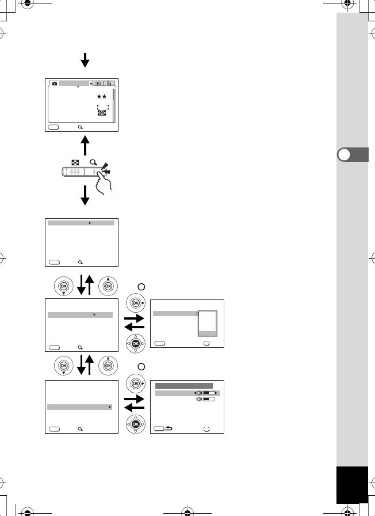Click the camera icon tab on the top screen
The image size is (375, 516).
[x=55, y=84]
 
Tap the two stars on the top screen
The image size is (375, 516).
[x=102, y=97]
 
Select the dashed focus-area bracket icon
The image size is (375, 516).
[x=102, y=107]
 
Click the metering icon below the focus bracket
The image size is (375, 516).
[x=102, y=113]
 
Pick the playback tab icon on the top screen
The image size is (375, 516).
[x=98, y=84]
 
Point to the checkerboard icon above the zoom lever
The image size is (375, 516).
[x=75, y=163]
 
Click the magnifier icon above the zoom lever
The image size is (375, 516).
[x=93, y=162]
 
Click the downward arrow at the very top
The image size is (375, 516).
[x=85, y=59]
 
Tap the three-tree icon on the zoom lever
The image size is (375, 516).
[x=74, y=172]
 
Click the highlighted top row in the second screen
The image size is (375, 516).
[x=81, y=222]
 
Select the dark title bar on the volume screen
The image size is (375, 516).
[x=183, y=385]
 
